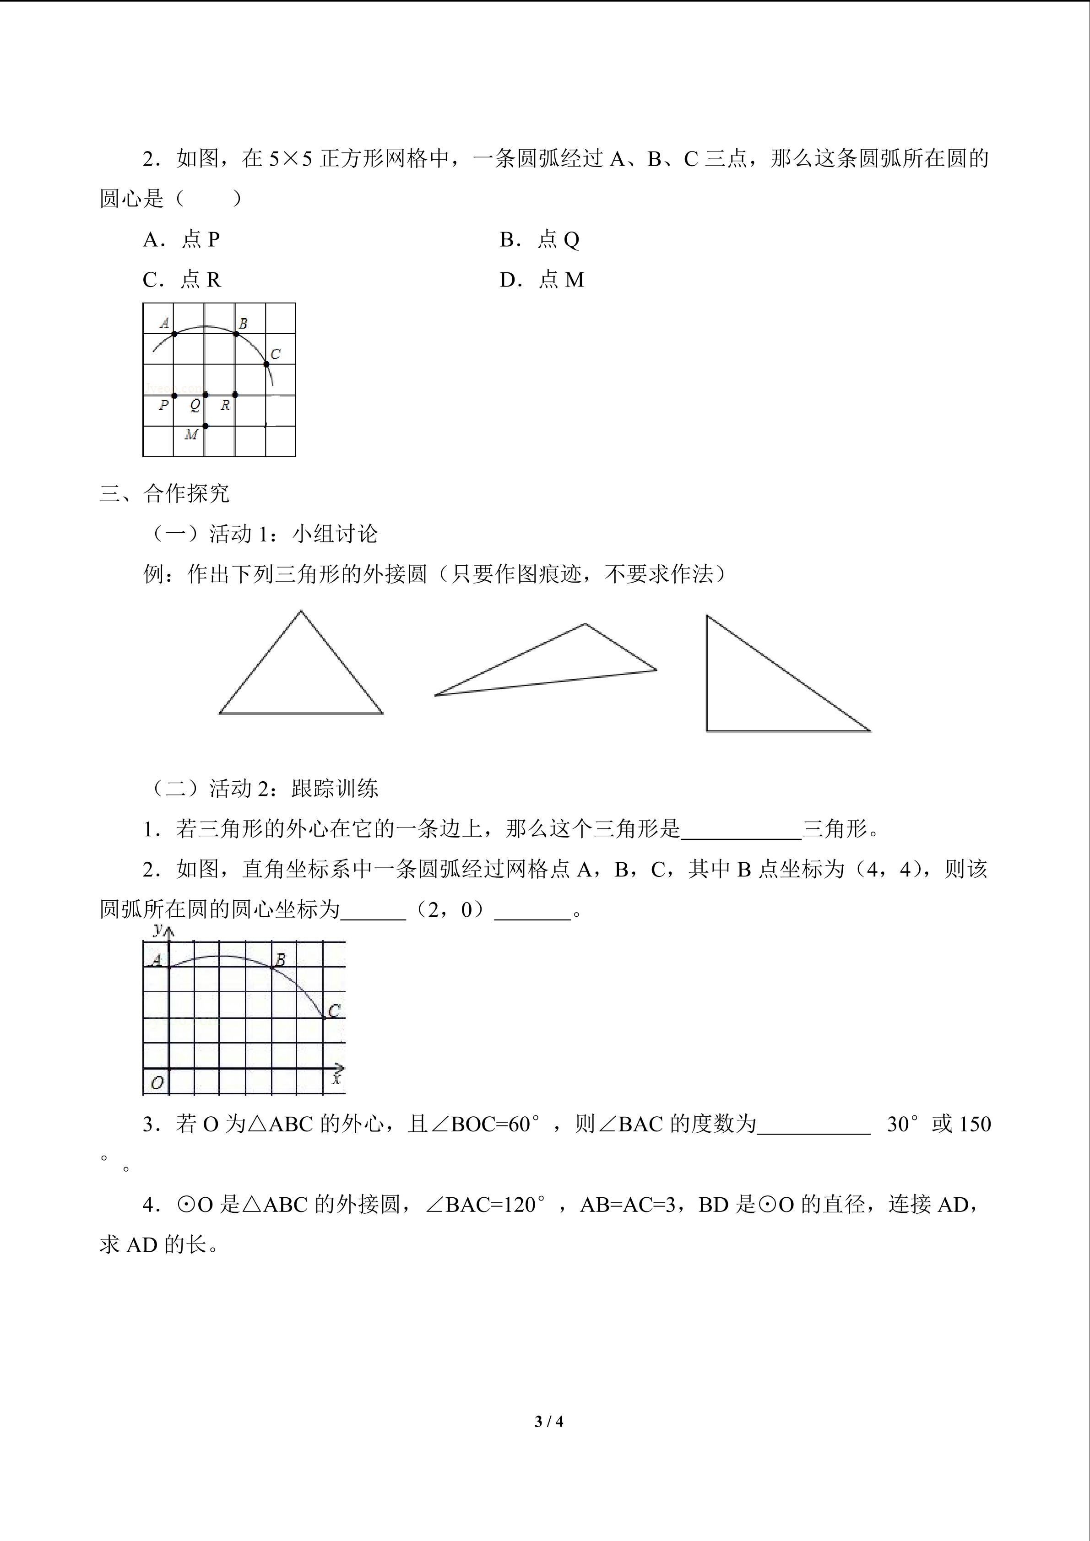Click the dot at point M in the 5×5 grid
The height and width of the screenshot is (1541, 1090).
click(206, 426)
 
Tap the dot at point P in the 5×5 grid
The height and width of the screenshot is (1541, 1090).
click(174, 395)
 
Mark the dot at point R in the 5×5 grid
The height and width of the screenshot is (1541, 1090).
click(235, 395)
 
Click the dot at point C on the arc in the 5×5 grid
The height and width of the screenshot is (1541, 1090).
click(266, 364)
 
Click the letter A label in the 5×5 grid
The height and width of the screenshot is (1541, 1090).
click(164, 323)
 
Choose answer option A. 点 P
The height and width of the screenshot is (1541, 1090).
click(181, 240)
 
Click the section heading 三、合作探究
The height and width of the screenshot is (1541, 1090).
click(164, 494)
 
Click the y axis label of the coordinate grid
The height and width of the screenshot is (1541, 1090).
click(158, 930)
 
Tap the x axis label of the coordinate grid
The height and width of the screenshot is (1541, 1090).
click(336, 1079)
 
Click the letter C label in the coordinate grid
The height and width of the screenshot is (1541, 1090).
click(334, 1011)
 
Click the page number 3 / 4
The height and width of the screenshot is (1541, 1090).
click(548, 1421)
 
